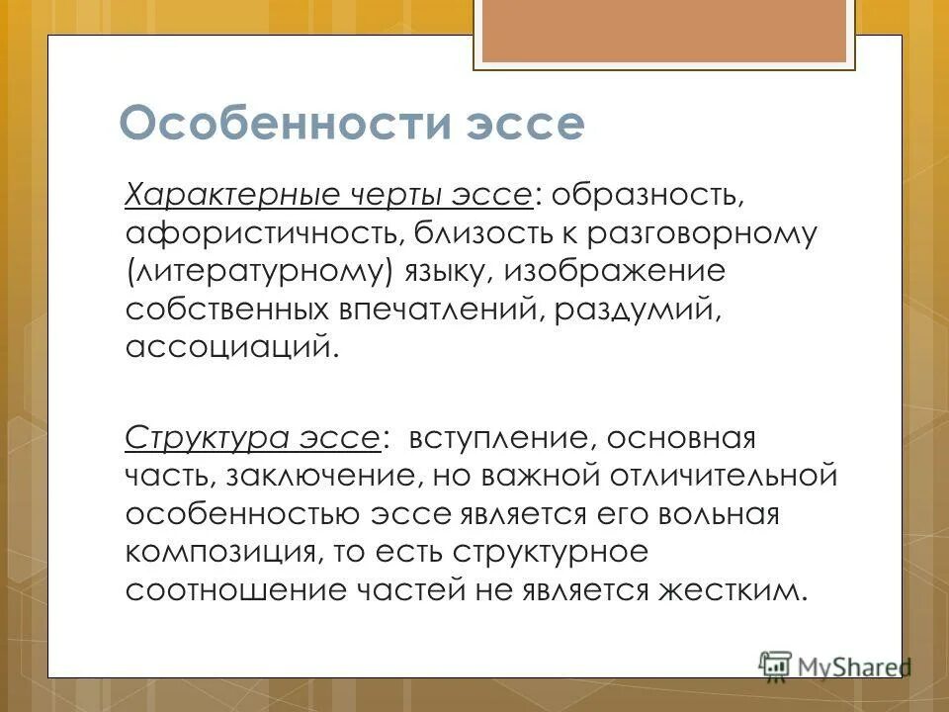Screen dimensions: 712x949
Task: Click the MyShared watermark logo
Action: point(834,665)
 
